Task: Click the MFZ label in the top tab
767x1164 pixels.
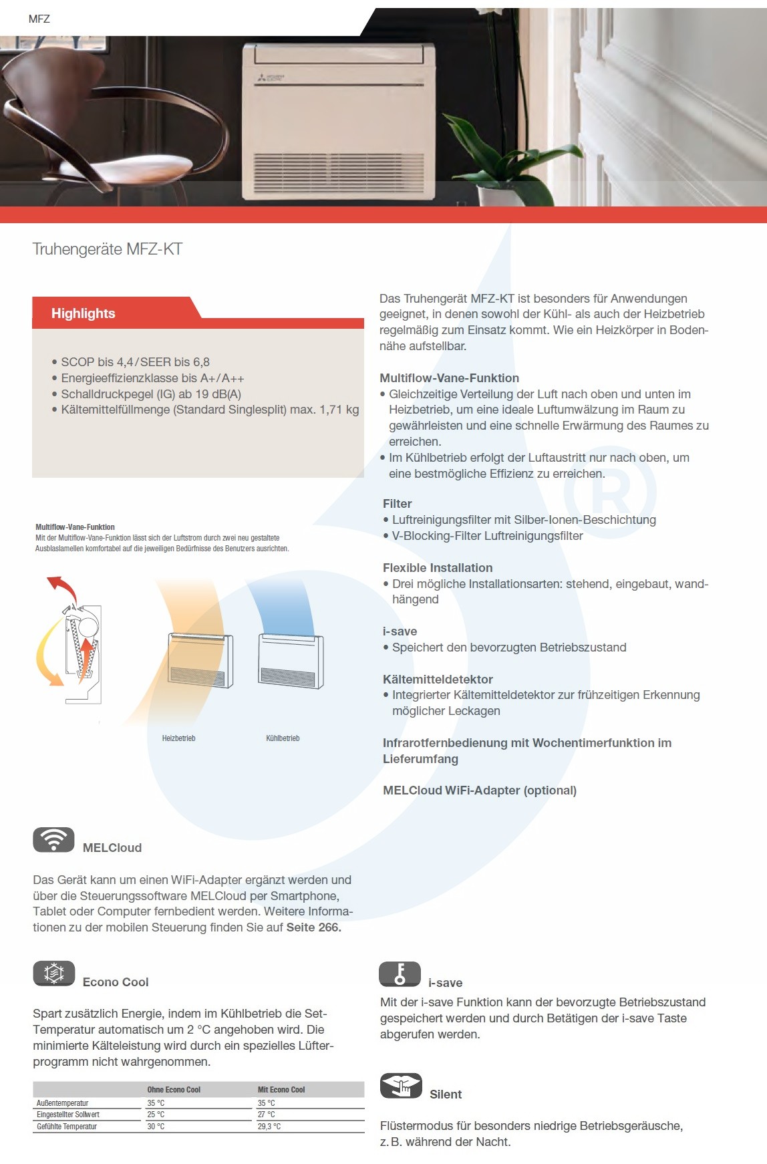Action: pos(39,19)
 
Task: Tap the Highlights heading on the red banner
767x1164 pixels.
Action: pos(83,313)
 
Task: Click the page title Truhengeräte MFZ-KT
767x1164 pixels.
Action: pos(108,249)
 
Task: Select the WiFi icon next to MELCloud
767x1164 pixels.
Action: pos(53,839)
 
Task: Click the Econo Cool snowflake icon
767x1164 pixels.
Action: pos(53,973)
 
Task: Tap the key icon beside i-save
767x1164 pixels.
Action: pos(400,974)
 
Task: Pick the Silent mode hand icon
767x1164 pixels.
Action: pos(401,1086)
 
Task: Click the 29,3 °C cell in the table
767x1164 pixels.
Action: pos(269,1127)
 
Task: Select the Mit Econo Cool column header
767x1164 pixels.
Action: pos(281,1090)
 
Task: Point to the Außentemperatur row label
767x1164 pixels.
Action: pos(63,1103)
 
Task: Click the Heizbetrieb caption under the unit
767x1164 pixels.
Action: pos(178,738)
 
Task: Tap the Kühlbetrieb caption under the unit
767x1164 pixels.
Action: pos(283,738)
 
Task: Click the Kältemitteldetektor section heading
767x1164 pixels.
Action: pos(438,679)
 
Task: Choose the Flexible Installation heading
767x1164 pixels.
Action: pos(438,567)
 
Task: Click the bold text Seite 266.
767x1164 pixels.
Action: pos(313,927)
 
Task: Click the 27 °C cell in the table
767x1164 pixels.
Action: pos(266,1115)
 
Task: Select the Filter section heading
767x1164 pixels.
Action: pos(397,503)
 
